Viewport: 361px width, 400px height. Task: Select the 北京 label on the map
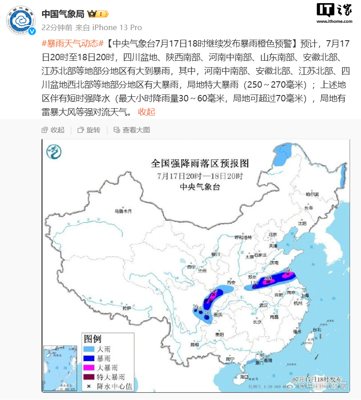point(273,234)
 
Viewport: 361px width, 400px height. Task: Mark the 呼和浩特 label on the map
point(243,237)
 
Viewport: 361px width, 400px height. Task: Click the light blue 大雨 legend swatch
point(89,349)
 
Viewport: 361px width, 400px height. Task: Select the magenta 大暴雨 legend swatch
point(89,368)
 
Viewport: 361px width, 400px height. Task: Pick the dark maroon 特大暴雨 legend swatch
point(89,377)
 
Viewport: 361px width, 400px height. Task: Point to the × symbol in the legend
point(89,386)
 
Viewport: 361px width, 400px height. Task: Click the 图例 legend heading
point(93,339)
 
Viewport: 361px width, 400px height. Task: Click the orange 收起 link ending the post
point(147,111)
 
